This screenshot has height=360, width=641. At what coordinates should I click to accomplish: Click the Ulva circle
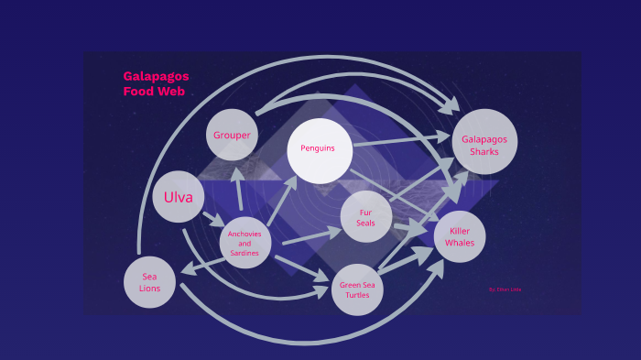[179, 197]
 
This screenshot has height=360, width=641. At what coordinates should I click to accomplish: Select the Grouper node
[232, 135]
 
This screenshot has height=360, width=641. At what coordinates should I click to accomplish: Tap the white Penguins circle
[319, 148]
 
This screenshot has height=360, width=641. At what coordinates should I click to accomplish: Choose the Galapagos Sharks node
[484, 142]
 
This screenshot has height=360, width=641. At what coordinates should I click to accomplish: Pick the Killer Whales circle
[460, 236]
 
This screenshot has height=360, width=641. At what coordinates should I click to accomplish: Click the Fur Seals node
[366, 217]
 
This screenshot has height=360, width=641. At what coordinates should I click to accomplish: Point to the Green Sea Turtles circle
[357, 289]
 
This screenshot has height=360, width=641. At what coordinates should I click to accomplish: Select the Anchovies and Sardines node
[244, 243]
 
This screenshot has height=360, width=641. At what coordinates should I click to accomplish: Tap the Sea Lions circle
[150, 281]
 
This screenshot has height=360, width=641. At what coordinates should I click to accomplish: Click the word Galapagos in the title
[156, 76]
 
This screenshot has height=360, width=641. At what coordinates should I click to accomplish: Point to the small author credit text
[505, 289]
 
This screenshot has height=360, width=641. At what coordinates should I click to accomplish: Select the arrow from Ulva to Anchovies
[213, 220]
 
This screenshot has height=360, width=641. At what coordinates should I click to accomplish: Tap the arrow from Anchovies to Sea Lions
[201, 265]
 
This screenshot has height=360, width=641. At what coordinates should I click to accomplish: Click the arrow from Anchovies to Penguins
[284, 196]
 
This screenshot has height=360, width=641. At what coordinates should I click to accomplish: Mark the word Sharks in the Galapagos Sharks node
[484, 151]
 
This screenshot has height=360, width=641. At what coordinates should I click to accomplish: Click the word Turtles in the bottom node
[357, 296]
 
